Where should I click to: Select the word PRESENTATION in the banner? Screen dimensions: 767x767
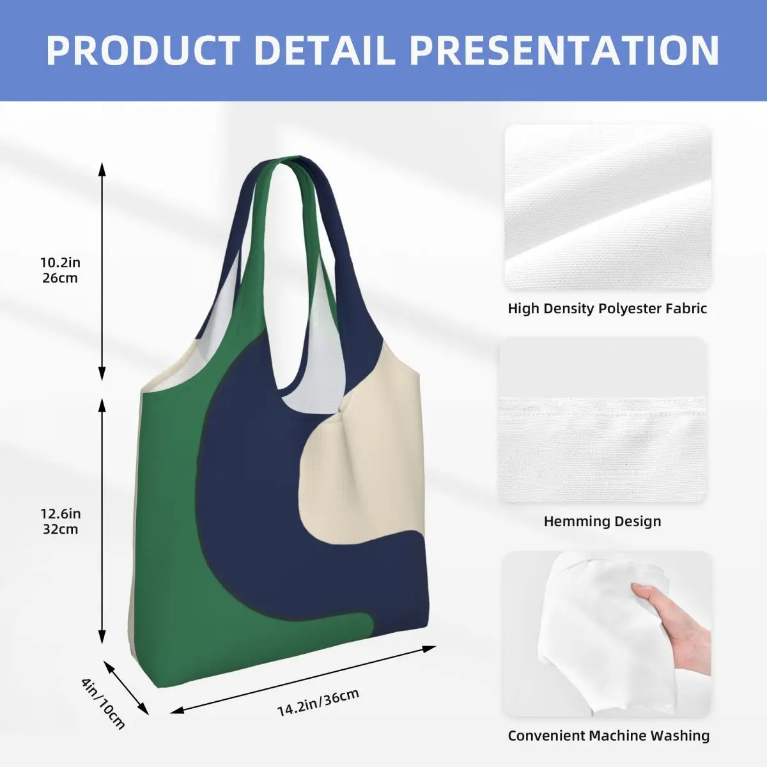pos(564,50)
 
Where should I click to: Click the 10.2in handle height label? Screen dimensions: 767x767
pos(60,263)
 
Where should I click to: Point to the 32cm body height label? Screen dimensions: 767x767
pos(60,529)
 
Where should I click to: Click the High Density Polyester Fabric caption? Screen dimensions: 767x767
pos(607,309)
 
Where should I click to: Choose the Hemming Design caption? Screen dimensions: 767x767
pos(602,521)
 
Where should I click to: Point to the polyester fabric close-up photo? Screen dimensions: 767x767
pos(608,206)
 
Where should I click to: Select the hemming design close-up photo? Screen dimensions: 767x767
pos(603,419)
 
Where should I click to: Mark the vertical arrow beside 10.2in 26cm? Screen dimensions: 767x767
pos(102,272)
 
